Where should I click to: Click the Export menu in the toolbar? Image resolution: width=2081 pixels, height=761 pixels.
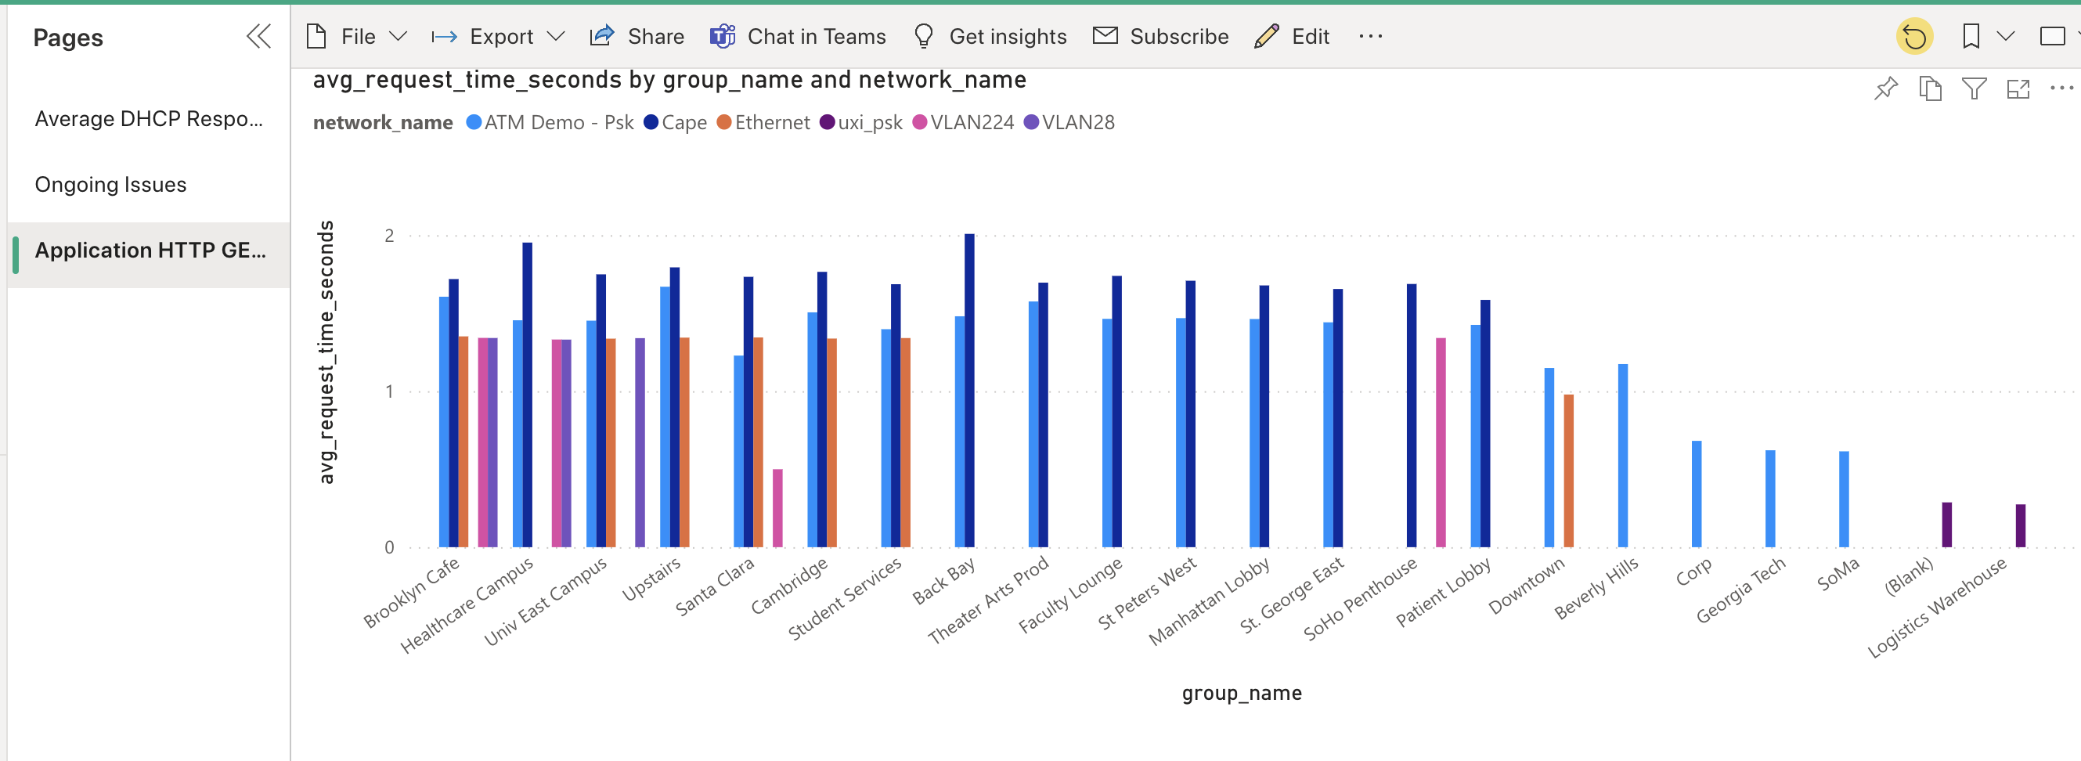click(499, 36)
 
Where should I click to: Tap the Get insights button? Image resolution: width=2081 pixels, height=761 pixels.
click(990, 36)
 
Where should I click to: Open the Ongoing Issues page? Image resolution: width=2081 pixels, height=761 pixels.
click(110, 184)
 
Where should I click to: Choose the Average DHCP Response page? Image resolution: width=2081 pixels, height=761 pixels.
click(149, 119)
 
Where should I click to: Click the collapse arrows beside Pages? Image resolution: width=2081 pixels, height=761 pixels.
click(258, 36)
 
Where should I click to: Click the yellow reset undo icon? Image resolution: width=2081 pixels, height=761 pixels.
click(1913, 37)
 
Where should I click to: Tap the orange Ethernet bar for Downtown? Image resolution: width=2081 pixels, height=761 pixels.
click(1568, 471)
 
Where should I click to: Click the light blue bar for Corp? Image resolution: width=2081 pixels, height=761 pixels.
click(1697, 493)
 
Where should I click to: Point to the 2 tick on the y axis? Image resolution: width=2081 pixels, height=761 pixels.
click(389, 236)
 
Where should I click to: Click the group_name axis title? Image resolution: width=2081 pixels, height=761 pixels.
click(1241, 693)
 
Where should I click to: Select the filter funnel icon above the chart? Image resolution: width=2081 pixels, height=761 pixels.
click(1974, 88)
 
